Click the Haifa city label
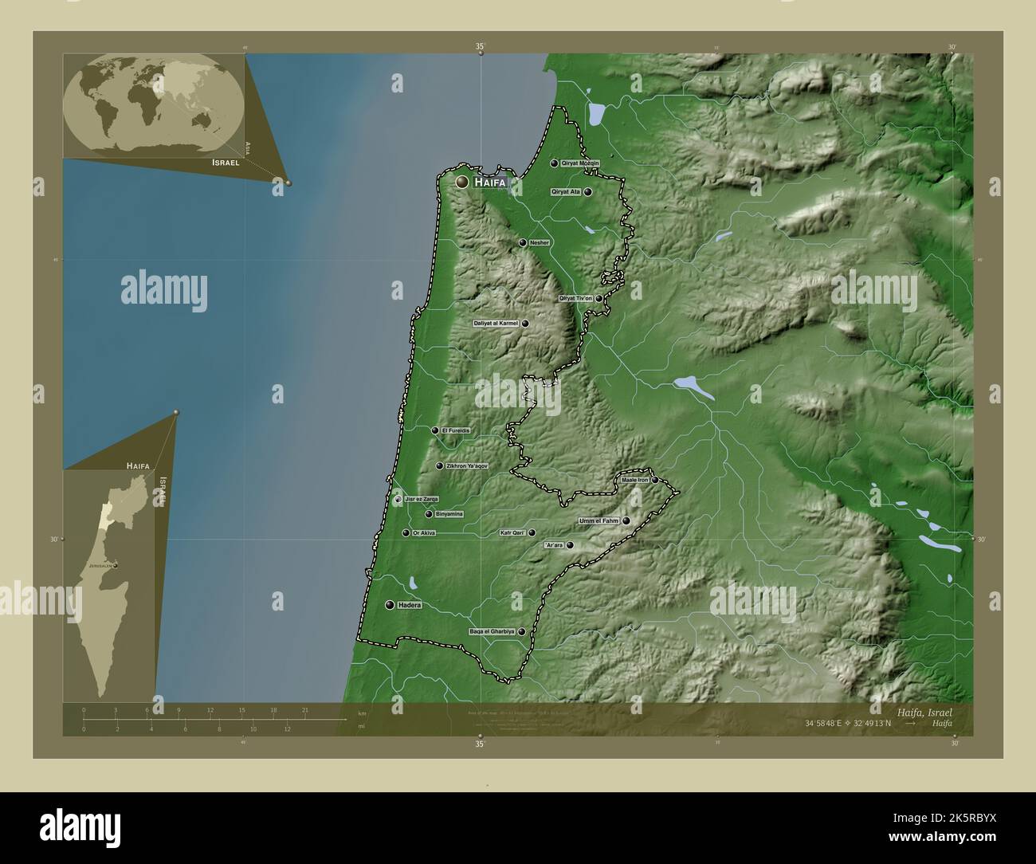489,183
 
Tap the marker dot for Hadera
390,606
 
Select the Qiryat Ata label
565,192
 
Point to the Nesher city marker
523,243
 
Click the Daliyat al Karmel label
496,324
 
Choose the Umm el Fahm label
598,521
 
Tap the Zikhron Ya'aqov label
466,466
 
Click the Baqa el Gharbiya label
492,631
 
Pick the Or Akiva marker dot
406,533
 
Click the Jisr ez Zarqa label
422,499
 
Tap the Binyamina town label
449,514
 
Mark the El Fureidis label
456,430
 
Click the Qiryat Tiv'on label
575,298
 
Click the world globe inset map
153,103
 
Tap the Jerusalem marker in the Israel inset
116,566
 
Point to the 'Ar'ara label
553,545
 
